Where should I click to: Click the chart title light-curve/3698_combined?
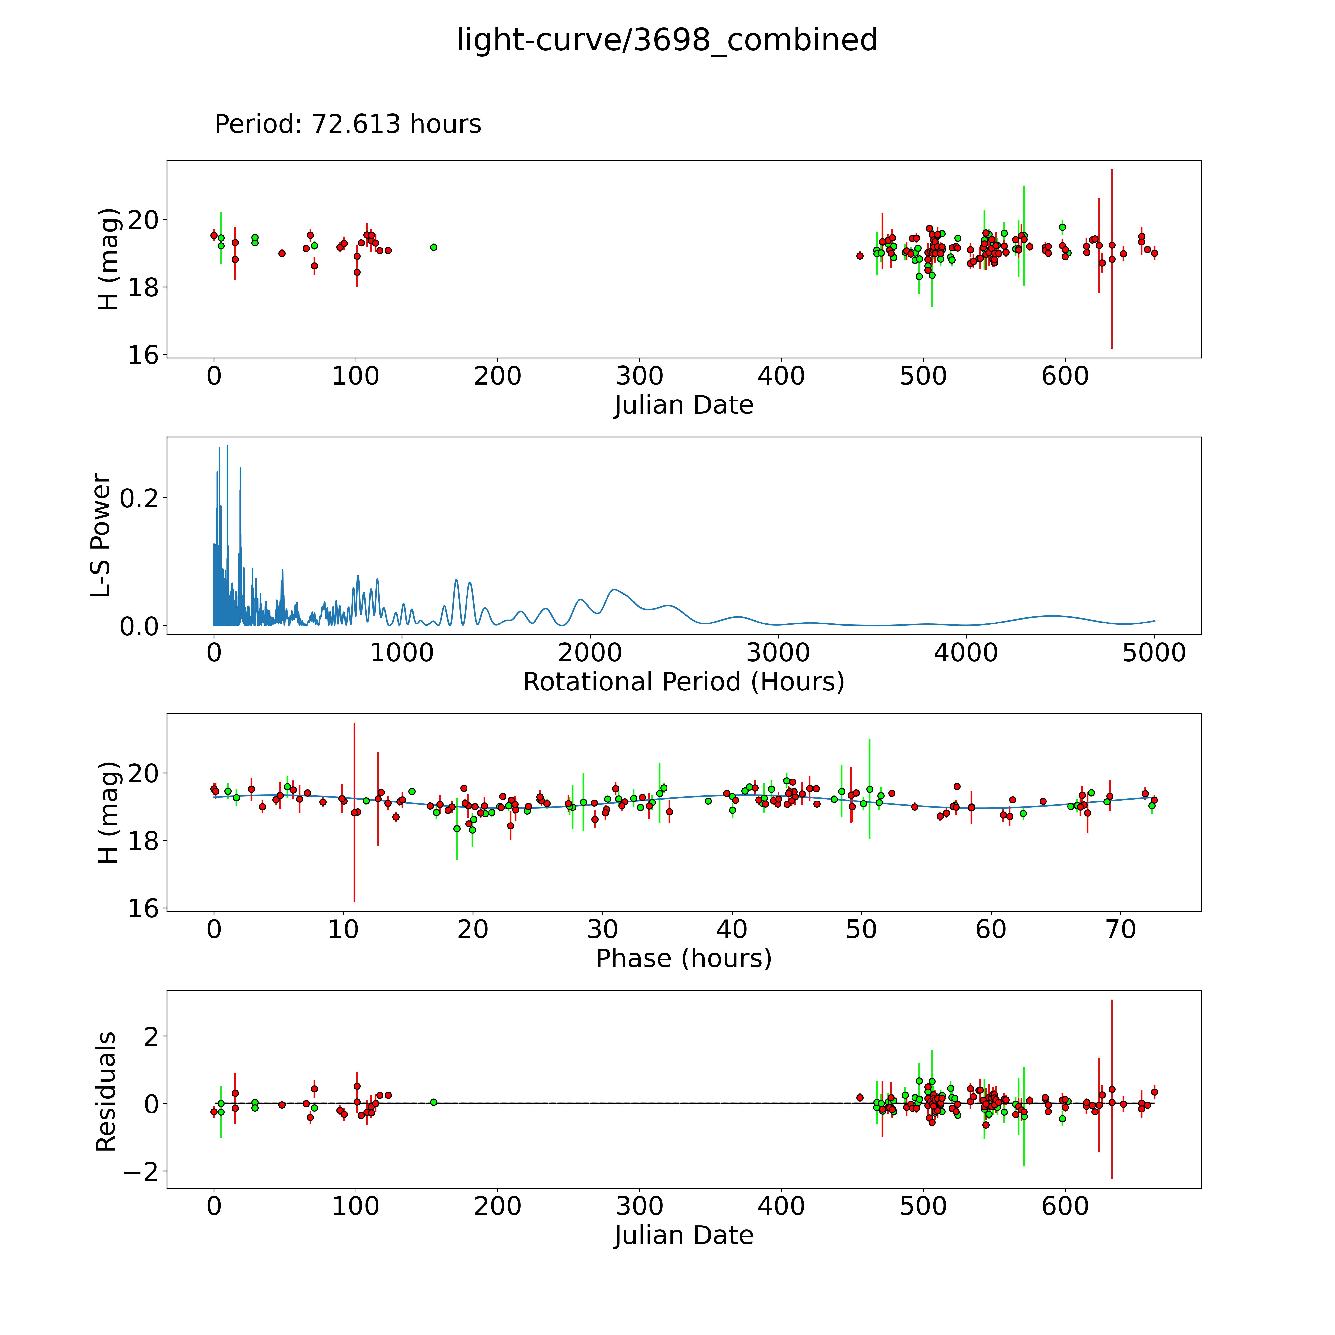667,40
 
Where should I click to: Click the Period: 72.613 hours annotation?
348,124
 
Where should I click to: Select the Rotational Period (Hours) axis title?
683,682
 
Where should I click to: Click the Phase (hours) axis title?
683,958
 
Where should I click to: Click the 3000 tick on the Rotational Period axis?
778,653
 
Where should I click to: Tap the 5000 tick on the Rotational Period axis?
1154,653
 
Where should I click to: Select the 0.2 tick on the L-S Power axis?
139,498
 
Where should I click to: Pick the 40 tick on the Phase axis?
732,930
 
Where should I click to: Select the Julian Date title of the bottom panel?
683,1236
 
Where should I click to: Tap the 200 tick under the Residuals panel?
497,1206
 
